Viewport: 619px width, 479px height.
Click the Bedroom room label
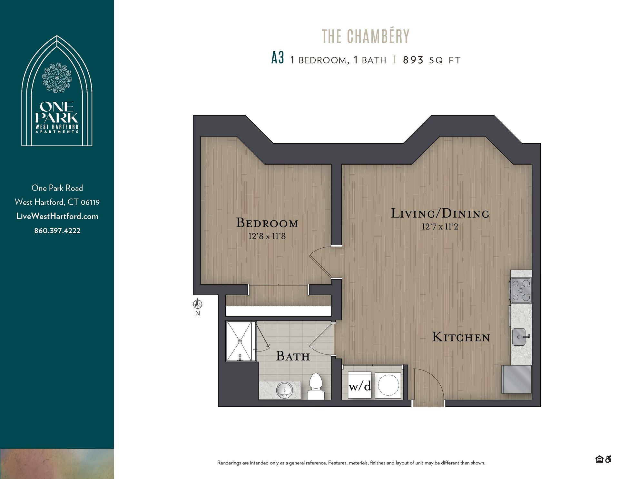click(x=267, y=223)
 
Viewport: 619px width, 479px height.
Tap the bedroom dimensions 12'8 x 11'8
click(x=267, y=236)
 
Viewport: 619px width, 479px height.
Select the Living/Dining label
click(x=440, y=213)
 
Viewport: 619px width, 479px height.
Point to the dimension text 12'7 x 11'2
click(x=440, y=227)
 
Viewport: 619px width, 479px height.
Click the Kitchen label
click(x=461, y=337)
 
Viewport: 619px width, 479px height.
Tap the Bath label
click(x=293, y=356)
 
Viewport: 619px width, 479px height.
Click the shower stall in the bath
click(x=240, y=341)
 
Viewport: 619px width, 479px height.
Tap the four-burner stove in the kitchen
click(x=521, y=290)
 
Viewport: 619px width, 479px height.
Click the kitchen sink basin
click(x=519, y=337)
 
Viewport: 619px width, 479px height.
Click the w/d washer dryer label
click(x=360, y=386)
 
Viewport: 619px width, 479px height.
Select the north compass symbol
click(x=198, y=304)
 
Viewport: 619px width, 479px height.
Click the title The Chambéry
click(x=366, y=36)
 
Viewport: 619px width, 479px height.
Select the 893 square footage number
click(x=413, y=60)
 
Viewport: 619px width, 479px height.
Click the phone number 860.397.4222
click(x=57, y=231)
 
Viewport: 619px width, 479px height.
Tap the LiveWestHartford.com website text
click(x=57, y=216)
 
